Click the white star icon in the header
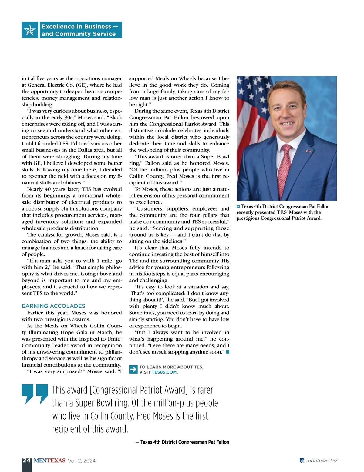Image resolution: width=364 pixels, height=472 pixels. [x=30, y=30]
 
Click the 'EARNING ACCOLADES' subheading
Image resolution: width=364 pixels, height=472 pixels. [x=53, y=306]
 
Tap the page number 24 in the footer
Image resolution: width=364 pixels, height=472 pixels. [x=26, y=460]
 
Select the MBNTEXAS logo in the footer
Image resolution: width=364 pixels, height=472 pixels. [x=49, y=460]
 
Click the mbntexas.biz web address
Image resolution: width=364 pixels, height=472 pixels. [x=322, y=460]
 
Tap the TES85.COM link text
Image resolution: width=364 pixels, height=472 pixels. [x=164, y=372]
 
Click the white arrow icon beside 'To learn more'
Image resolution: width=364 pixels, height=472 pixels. [x=133, y=369]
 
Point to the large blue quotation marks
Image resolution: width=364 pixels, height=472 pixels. [x=35, y=394]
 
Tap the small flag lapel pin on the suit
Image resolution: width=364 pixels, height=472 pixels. [x=308, y=151]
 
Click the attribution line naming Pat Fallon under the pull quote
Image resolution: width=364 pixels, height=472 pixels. [x=182, y=442]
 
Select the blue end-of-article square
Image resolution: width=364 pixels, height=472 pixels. [x=227, y=352]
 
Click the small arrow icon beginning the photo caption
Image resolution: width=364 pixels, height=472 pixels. [x=238, y=207]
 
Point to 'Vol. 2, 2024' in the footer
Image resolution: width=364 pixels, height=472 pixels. [x=82, y=460]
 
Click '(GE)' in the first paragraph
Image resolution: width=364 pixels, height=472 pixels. [x=81, y=85]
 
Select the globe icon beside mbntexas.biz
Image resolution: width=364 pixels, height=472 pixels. [x=302, y=460]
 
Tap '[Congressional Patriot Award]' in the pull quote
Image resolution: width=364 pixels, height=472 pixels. [x=139, y=390]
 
